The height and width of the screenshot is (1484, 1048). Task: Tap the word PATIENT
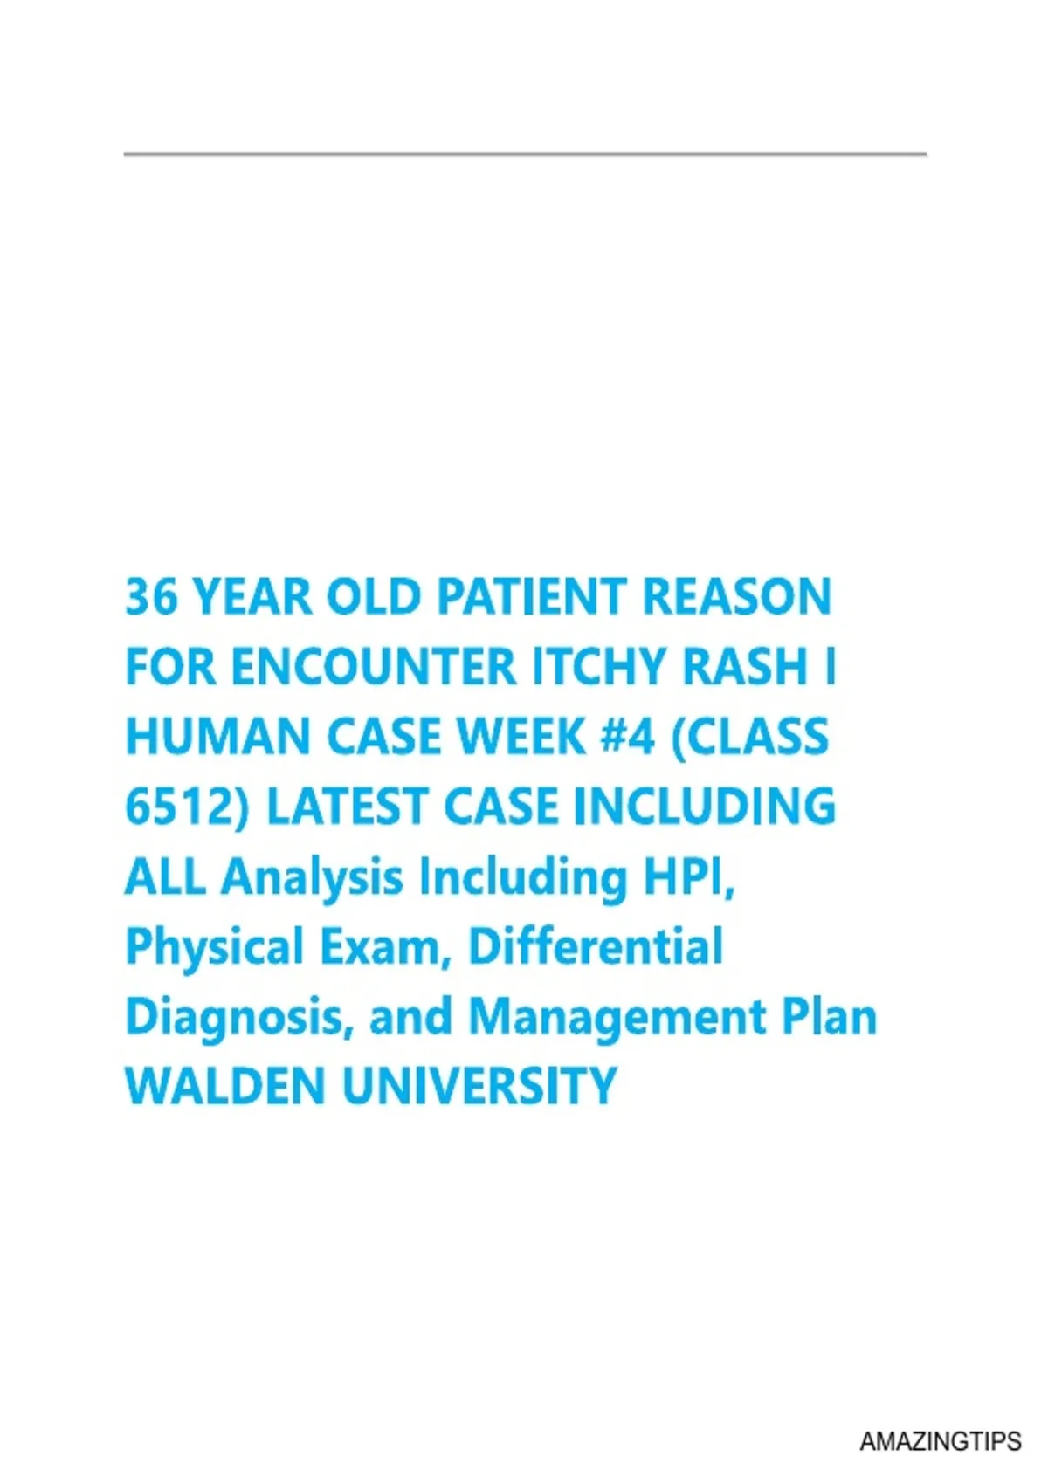531,597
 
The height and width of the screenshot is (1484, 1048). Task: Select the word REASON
737,597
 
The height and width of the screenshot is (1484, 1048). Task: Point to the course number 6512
176,807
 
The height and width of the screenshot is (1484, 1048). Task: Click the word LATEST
346,807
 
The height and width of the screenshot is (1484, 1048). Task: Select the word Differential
596,946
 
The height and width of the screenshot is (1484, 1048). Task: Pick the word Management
617,1018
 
